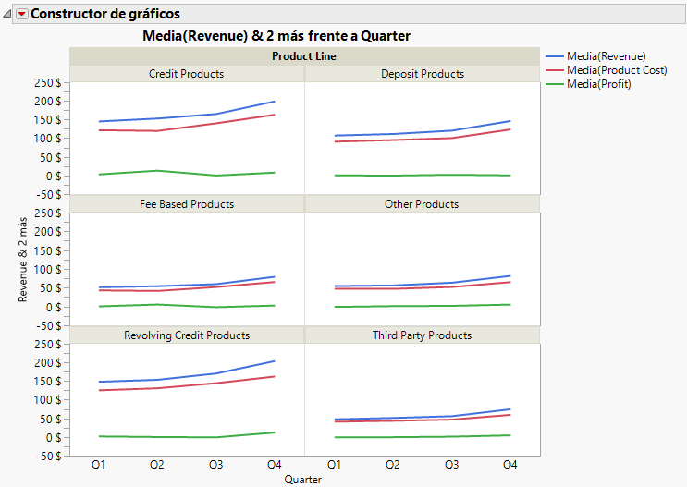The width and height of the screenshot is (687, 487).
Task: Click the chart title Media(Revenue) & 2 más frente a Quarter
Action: [277, 36]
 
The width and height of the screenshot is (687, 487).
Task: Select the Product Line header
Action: [303, 56]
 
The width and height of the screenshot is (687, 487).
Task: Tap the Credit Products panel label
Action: [186, 74]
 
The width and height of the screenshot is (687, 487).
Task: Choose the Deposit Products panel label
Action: [422, 74]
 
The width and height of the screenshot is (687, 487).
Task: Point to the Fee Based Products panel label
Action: [186, 204]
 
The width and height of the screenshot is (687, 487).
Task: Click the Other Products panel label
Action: [422, 204]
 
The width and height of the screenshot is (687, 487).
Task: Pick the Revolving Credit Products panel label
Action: [186, 335]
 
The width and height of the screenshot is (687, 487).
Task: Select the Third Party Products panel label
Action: [422, 335]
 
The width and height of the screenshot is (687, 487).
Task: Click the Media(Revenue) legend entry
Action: [606, 56]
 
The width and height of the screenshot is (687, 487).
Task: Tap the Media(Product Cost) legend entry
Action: [616, 70]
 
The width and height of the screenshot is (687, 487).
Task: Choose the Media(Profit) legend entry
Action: [598, 84]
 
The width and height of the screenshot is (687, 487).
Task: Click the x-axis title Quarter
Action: [303, 480]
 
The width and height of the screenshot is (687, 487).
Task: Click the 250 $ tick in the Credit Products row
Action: [46, 82]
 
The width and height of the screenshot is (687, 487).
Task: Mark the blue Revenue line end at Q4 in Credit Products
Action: [275, 102]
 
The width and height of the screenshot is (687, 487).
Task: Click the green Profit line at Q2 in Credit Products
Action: [157, 170]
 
